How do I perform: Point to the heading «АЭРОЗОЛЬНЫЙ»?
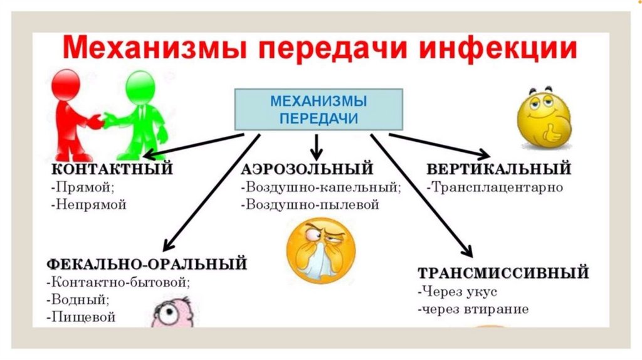pos(307,169)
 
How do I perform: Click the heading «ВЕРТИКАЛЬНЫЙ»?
pos(498,169)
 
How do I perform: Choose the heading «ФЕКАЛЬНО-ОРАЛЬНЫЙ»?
pos(146,264)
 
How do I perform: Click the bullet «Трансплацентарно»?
pos(495,188)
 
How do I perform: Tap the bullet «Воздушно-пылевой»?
pos(312,204)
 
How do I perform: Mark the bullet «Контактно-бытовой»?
pos(121,282)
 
